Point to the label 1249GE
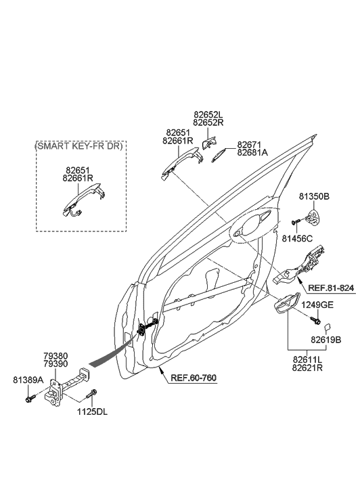[317, 305]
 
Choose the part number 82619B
[325, 340]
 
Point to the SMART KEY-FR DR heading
[78, 146]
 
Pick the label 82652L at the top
[208, 115]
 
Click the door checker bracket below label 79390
[61, 393]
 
